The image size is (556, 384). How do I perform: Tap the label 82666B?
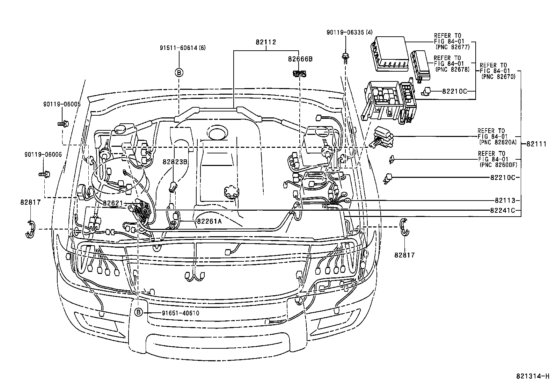pyautogui.click(x=300, y=59)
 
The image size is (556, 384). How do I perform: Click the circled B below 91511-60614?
pyautogui.click(x=178, y=73)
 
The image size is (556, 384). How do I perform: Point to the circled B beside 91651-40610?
pyautogui.click(x=139, y=312)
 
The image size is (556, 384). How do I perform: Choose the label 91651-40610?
pyautogui.click(x=180, y=313)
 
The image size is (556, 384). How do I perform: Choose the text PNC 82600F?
pyautogui.click(x=498, y=165)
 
